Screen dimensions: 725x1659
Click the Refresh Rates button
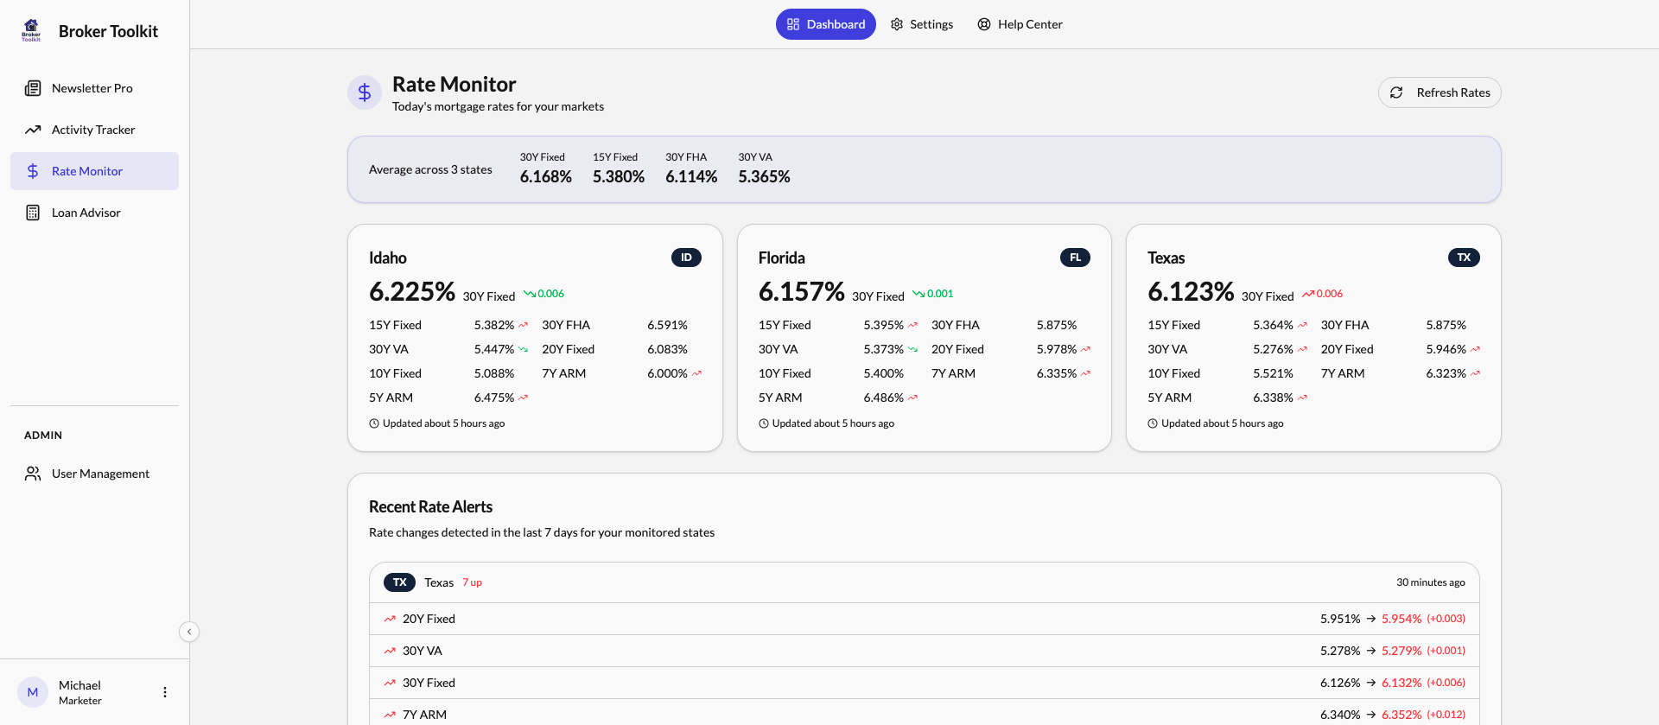click(1440, 92)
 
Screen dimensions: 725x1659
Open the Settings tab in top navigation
click(922, 24)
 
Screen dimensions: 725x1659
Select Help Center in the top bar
click(1020, 24)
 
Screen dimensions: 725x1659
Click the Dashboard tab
click(825, 24)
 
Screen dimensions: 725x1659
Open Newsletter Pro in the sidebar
click(92, 88)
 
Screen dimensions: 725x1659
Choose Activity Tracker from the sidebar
click(92, 130)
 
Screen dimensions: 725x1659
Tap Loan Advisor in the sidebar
click(86, 213)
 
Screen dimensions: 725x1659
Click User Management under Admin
click(100, 474)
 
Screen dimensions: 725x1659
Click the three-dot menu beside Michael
click(165, 692)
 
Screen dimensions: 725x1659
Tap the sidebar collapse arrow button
click(189, 632)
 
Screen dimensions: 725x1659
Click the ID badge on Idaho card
click(686, 258)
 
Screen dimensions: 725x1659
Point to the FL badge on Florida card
click(1075, 258)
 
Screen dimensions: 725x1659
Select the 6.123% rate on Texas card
click(1190, 292)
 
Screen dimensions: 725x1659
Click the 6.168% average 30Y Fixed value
click(545, 177)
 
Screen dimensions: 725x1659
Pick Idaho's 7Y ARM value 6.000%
click(667, 373)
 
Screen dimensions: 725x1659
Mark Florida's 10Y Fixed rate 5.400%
click(883, 373)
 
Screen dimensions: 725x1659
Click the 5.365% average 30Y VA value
click(764, 177)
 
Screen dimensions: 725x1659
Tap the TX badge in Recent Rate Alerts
click(399, 582)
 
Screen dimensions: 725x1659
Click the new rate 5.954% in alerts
click(1401, 619)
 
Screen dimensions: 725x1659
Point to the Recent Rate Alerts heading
click(430, 507)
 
